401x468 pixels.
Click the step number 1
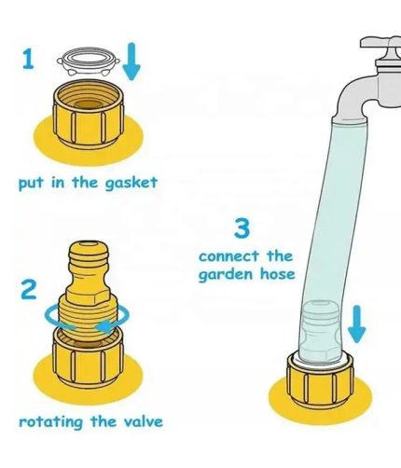pos(28,60)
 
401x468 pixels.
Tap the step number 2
pos(28,290)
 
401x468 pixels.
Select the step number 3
pos(242,228)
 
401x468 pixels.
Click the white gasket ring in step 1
pos(89,61)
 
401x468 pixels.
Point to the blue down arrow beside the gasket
pos(131,62)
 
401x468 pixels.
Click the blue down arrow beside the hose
pos(357,323)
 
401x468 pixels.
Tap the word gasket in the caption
pos(131,183)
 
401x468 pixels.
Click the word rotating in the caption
pos(51,422)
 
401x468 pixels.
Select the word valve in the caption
pos(144,421)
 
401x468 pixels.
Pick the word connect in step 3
pos(228,256)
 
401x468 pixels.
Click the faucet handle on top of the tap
pos(380,43)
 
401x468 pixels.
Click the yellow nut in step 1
pos(89,115)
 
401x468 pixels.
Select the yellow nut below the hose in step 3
pos(320,380)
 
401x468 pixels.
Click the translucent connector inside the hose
pos(320,330)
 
